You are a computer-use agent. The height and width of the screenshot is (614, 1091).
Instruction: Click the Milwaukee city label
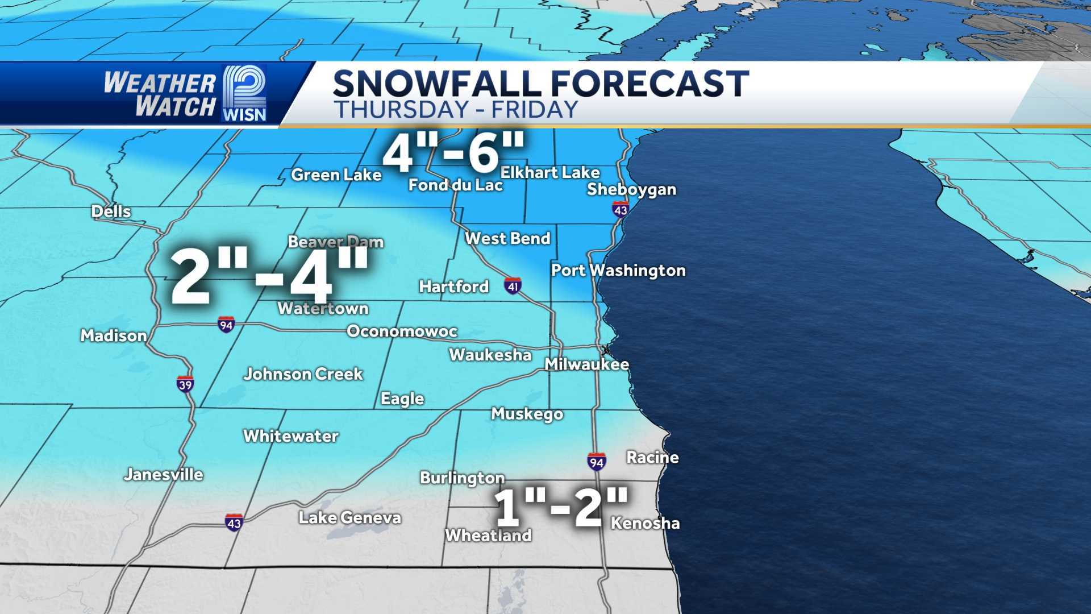586,364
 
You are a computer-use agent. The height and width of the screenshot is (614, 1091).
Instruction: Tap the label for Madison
114,336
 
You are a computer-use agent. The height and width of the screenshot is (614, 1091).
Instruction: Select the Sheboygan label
631,189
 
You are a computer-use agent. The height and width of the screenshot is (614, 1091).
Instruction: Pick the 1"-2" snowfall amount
561,507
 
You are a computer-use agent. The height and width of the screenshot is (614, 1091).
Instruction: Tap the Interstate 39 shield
185,384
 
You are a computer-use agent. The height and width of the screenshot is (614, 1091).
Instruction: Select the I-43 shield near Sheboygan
621,210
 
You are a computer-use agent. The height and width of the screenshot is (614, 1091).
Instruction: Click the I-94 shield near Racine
596,462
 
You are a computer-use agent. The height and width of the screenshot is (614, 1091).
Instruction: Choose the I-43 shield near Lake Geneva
234,522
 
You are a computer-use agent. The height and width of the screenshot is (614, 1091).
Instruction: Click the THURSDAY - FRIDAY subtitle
456,110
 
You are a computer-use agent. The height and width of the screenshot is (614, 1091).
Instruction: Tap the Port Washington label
618,271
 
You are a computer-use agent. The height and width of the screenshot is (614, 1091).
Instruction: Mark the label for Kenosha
645,524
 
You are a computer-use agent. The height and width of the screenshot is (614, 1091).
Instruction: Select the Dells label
111,212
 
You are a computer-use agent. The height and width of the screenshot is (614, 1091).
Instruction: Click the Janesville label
164,475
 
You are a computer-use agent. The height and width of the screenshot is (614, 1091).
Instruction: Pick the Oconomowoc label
402,331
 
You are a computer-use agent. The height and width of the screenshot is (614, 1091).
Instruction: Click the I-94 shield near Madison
226,325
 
